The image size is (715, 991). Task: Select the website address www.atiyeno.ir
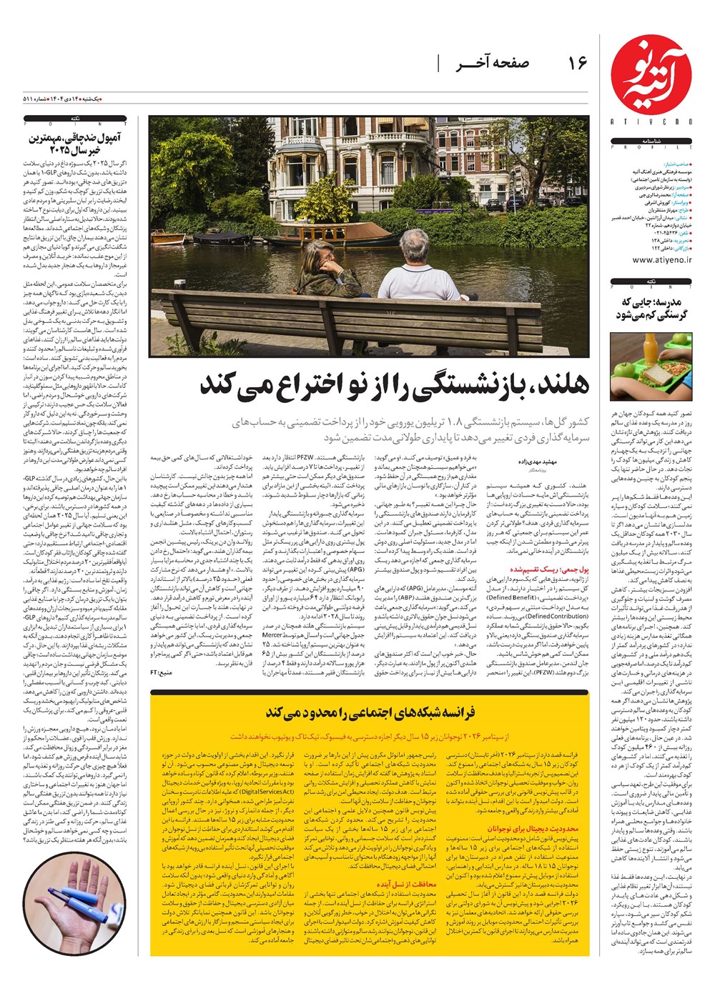point(661,260)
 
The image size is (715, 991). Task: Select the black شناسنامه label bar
point(651,144)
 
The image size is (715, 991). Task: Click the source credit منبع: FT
point(160,672)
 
